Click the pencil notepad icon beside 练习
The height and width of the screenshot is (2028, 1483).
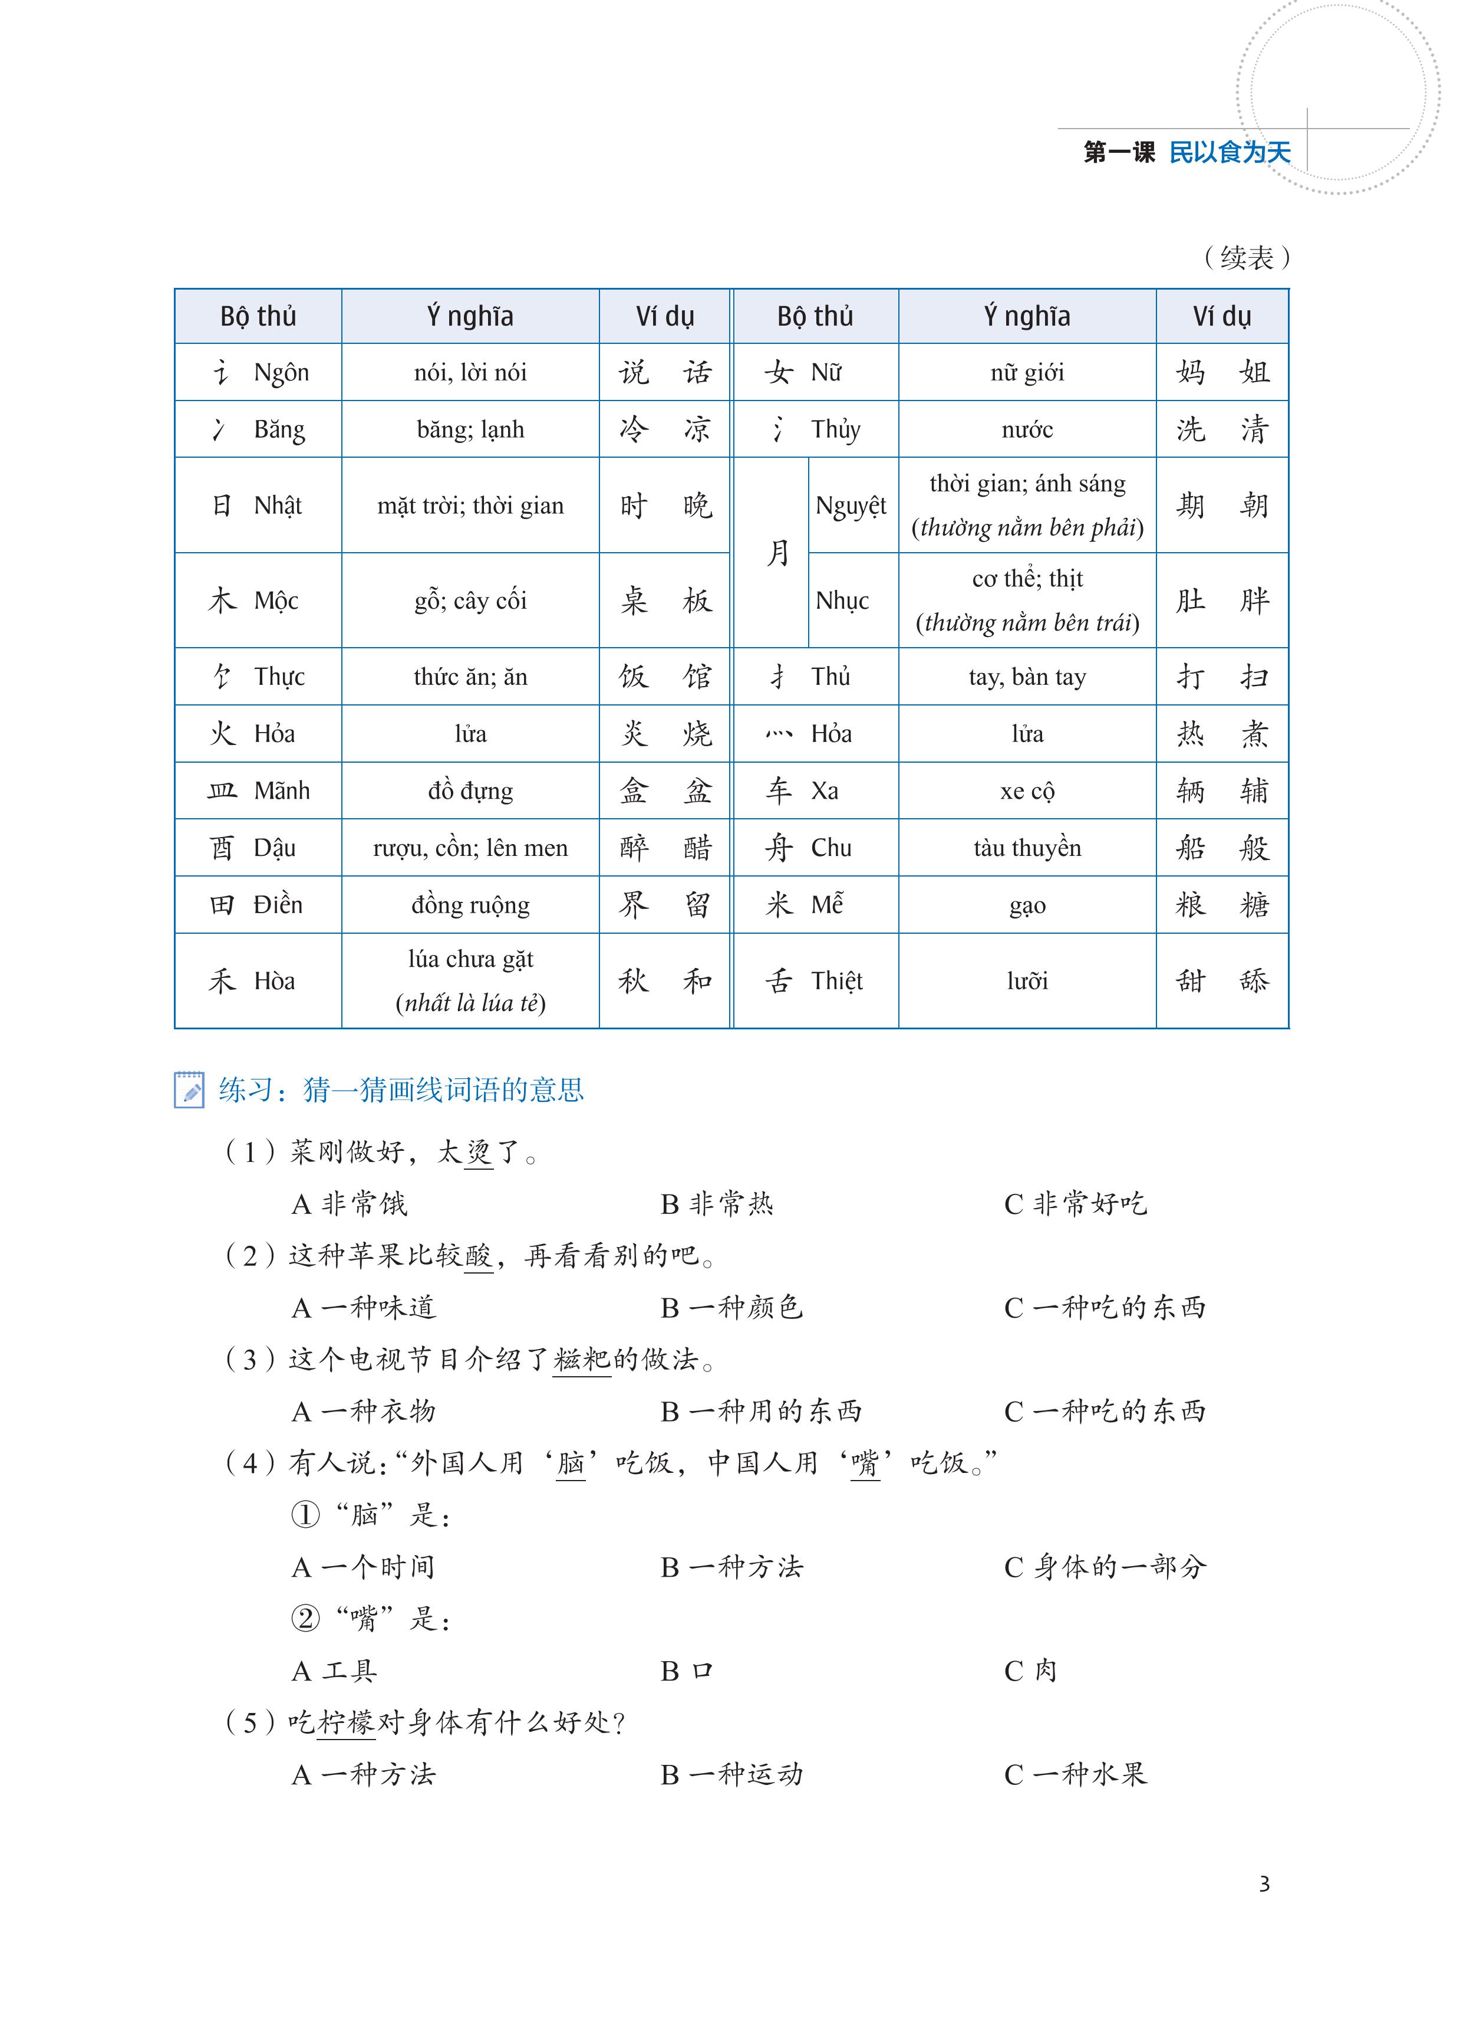click(189, 1090)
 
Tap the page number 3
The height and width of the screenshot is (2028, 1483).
click(1264, 1883)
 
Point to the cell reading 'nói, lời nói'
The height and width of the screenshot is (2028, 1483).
click(470, 373)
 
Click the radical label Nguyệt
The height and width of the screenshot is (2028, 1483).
click(850, 506)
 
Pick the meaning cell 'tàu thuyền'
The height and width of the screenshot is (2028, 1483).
click(1027, 848)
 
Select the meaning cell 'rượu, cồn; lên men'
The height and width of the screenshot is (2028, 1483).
click(470, 848)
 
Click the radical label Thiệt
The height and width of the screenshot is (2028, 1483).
click(836, 981)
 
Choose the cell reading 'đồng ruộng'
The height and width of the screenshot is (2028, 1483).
click(470, 904)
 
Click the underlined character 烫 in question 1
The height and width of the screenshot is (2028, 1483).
click(479, 1152)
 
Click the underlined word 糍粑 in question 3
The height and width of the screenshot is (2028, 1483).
click(582, 1360)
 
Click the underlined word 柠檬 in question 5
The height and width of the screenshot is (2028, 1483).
click(347, 1722)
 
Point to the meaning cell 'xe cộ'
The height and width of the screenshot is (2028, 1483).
click(1027, 791)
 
